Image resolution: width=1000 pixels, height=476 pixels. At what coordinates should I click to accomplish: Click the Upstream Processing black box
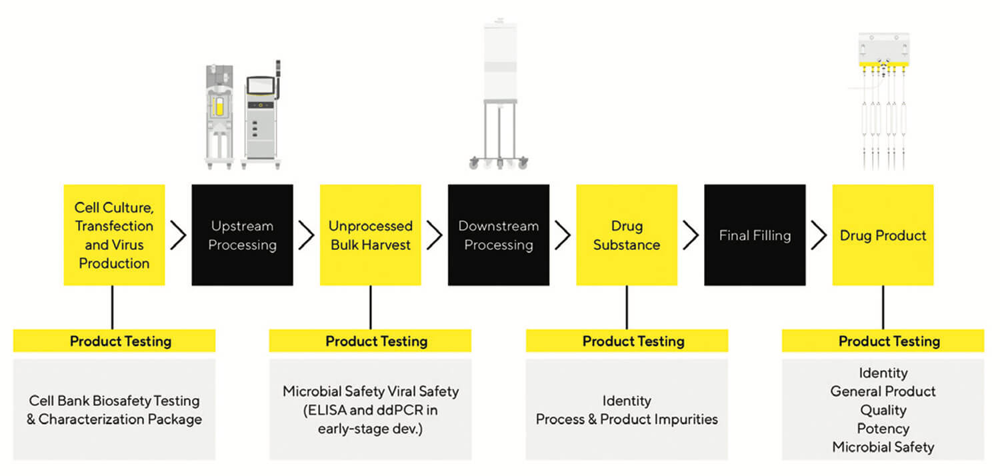(242, 235)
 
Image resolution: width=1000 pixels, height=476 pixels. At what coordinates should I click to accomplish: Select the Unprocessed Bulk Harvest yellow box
(370, 235)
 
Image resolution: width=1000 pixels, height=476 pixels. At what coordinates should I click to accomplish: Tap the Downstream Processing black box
(498, 235)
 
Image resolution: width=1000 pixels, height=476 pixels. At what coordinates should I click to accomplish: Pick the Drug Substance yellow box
(627, 235)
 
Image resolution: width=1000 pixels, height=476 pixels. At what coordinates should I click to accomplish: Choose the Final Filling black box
(755, 235)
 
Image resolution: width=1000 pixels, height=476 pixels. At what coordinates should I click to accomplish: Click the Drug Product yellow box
(883, 235)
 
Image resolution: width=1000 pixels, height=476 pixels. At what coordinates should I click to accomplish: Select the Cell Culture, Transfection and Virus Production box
(114, 235)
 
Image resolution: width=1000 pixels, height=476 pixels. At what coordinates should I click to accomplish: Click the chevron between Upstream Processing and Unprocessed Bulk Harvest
(306, 235)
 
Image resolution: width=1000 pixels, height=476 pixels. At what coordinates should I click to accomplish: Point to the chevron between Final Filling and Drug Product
(819, 235)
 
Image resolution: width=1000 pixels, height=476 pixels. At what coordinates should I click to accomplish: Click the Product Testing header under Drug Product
(883, 341)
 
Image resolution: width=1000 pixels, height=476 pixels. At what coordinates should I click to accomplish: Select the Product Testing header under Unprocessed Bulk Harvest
(370, 341)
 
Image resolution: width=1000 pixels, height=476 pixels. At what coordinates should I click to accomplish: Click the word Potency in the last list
(883, 429)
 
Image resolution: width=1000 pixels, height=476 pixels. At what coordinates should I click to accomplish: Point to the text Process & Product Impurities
(627, 419)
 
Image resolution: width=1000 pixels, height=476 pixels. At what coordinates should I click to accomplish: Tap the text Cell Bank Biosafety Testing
(114, 401)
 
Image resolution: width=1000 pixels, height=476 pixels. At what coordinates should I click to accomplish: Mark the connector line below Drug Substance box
(627, 307)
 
